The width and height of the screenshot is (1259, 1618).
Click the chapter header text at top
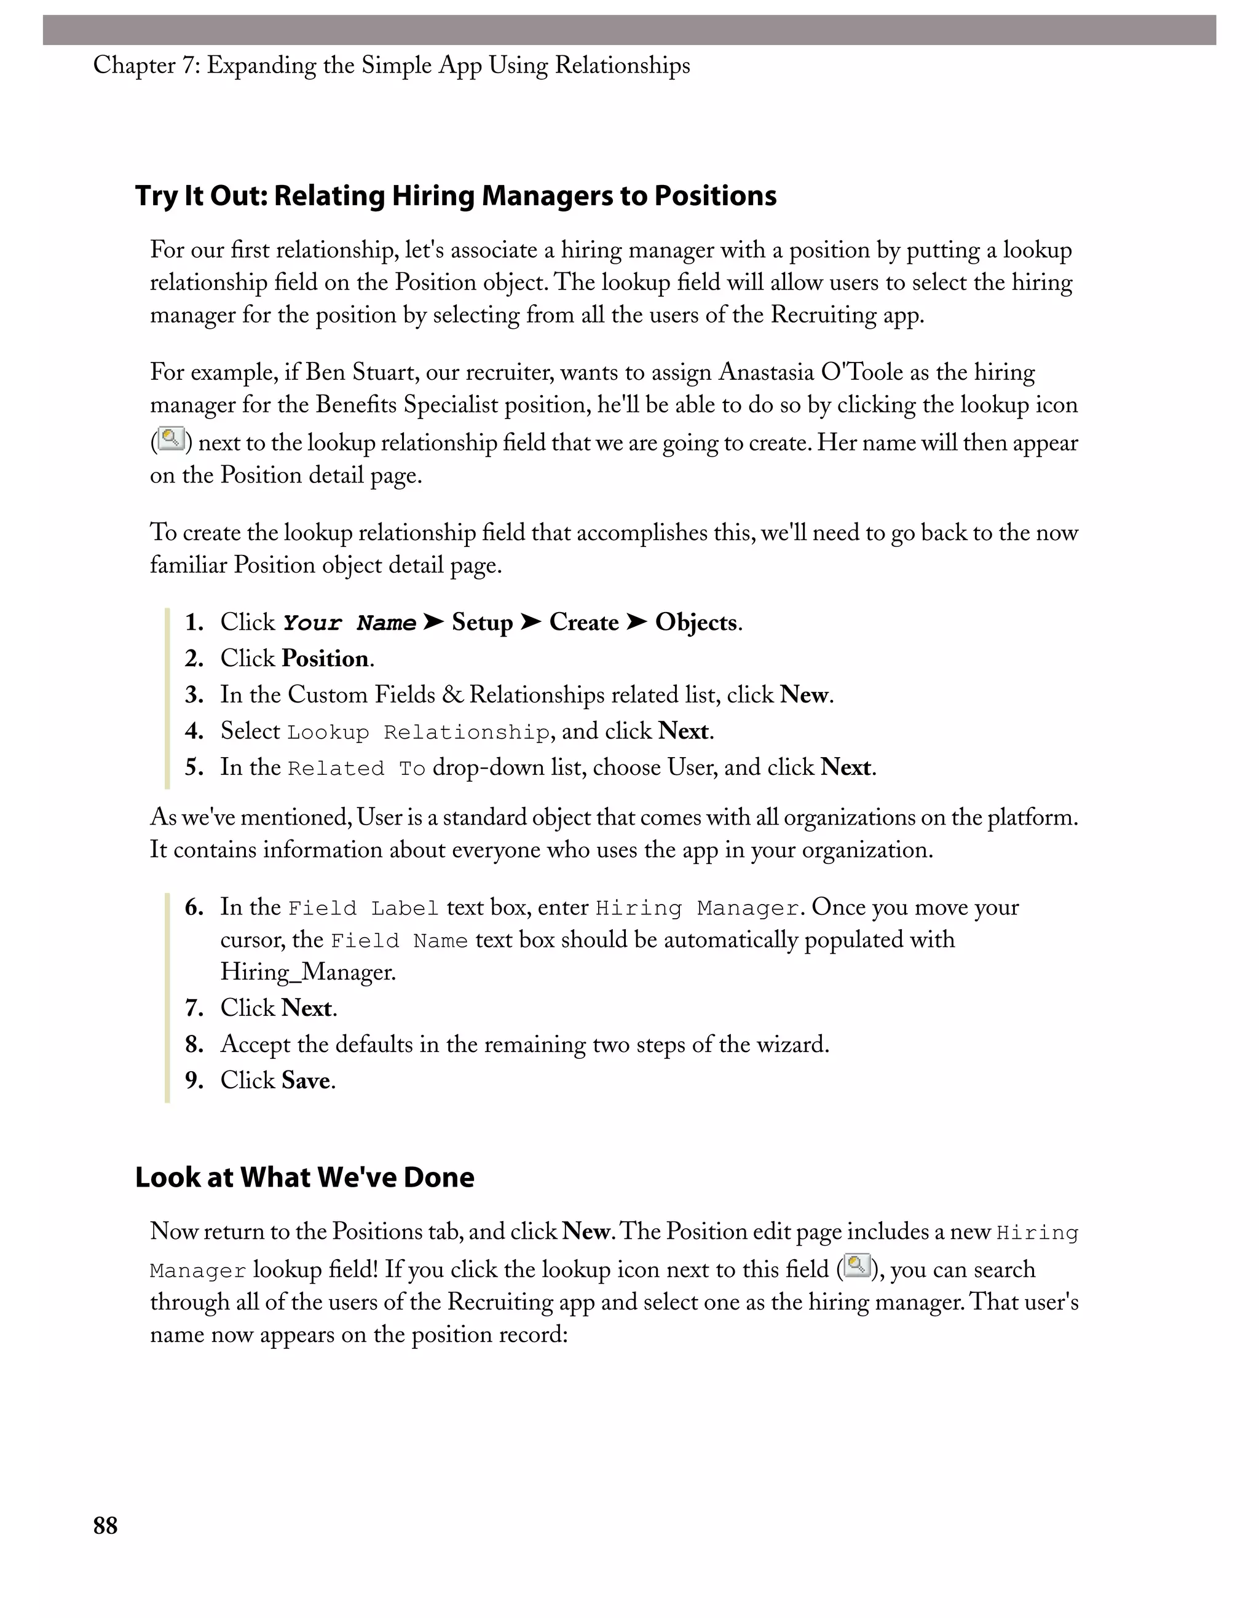coord(391,65)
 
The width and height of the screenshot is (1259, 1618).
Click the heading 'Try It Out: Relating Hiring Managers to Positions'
coord(455,195)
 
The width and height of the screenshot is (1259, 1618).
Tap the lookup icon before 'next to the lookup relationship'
coord(171,439)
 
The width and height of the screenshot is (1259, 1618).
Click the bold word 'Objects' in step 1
coord(696,622)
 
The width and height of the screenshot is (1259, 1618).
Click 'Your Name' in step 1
coord(349,623)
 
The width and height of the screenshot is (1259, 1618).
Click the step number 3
coord(194,695)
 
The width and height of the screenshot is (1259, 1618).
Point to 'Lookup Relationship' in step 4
coord(418,732)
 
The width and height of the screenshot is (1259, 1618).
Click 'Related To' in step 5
coord(356,769)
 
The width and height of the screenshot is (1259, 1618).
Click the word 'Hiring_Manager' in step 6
coord(307,972)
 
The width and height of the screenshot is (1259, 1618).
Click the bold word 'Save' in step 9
coord(306,1081)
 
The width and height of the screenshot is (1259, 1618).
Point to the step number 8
coord(194,1045)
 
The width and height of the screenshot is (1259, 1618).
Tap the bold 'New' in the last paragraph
coord(585,1231)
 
